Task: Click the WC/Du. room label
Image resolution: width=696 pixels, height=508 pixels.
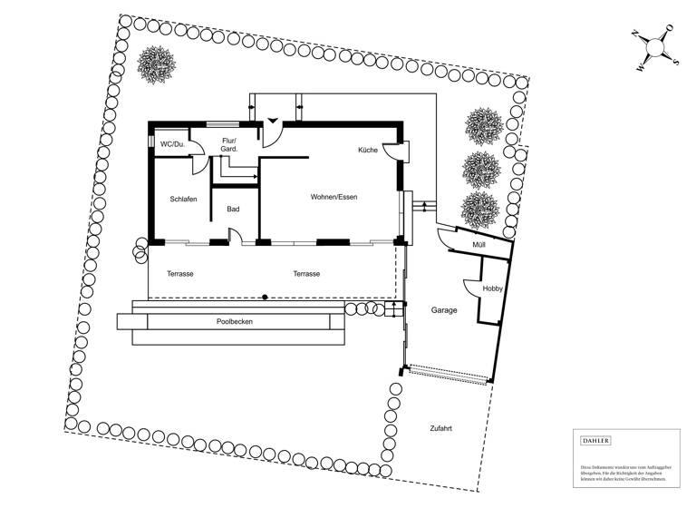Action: [172, 144]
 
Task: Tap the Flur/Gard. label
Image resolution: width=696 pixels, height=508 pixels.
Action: [229, 144]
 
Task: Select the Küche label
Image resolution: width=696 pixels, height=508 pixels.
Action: [367, 150]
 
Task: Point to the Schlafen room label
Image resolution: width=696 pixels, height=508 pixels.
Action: [183, 200]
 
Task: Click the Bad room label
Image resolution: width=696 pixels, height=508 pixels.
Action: [233, 210]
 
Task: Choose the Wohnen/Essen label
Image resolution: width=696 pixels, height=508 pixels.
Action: [333, 197]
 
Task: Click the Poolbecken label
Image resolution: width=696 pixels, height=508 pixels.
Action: [234, 322]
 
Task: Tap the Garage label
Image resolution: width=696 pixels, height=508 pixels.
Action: [444, 310]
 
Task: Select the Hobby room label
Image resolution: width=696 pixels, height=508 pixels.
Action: [492, 288]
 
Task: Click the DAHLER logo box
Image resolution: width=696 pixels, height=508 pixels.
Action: [595, 441]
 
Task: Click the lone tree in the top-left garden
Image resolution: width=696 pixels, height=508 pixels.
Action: [156, 63]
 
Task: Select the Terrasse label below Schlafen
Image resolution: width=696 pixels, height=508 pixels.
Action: [180, 273]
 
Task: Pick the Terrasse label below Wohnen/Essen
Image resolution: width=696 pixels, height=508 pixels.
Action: [306, 273]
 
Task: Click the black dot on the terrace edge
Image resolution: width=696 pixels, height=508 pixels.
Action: [265, 297]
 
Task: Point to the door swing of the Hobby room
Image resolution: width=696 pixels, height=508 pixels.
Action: [471, 288]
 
